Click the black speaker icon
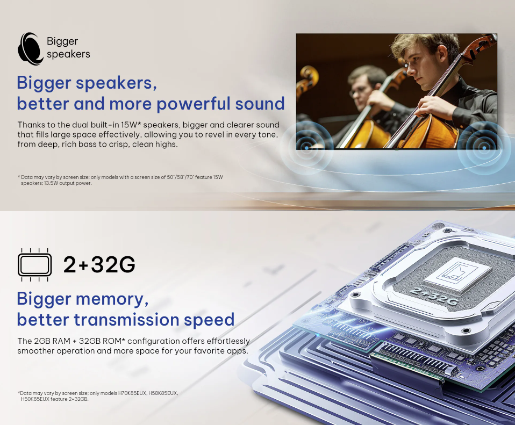(x=30, y=48)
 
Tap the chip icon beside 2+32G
(x=34, y=265)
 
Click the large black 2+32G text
(x=99, y=264)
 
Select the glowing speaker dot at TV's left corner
(x=306, y=148)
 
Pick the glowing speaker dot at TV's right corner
(x=484, y=148)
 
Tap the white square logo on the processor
(x=458, y=273)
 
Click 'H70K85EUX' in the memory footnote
(x=132, y=393)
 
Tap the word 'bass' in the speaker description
(x=95, y=145)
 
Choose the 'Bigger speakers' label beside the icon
(x=68, y=48)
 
